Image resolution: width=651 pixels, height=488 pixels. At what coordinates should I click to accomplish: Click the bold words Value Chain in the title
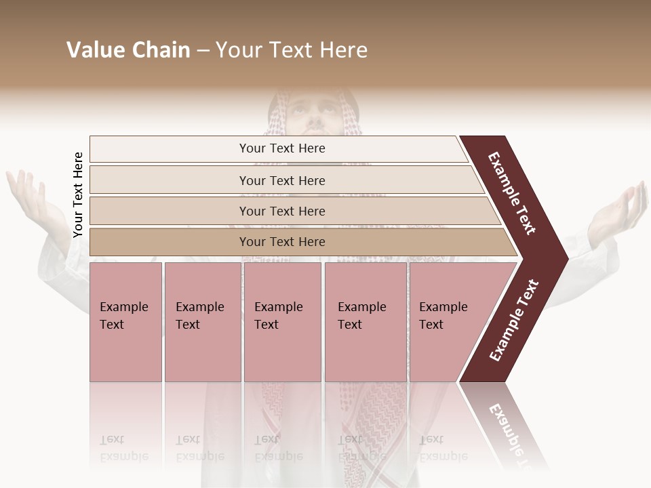[128, 50]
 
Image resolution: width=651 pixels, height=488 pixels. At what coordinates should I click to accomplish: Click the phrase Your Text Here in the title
[292, 50]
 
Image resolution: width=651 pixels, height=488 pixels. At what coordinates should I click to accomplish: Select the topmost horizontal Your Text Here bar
[282, 148]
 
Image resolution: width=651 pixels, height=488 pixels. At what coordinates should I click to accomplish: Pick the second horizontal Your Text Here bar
[282, 180]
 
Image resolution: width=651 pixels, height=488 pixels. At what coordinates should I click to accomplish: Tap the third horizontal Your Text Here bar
[282, 211]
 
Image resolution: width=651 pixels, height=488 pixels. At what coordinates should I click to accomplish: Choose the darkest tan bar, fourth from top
[282, 242]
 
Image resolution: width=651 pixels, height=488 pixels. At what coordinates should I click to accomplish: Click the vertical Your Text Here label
[78, 195]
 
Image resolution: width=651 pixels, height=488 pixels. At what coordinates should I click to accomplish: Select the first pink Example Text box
[125, 321]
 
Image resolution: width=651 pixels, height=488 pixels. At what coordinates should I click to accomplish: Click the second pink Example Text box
[202, 321]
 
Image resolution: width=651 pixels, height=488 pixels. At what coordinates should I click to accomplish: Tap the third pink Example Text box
[281, 321]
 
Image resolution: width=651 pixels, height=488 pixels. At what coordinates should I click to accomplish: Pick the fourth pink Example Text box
[365, 321]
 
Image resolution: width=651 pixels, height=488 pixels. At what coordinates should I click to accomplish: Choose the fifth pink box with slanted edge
[448, 321]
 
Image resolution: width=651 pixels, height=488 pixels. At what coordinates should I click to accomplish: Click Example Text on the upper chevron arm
[512, 193]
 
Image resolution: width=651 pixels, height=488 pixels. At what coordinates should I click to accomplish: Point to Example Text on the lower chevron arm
[513, 321]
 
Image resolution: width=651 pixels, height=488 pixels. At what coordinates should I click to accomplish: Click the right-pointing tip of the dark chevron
[563, 258]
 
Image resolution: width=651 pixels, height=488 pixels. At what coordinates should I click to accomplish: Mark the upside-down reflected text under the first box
[124, 448]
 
